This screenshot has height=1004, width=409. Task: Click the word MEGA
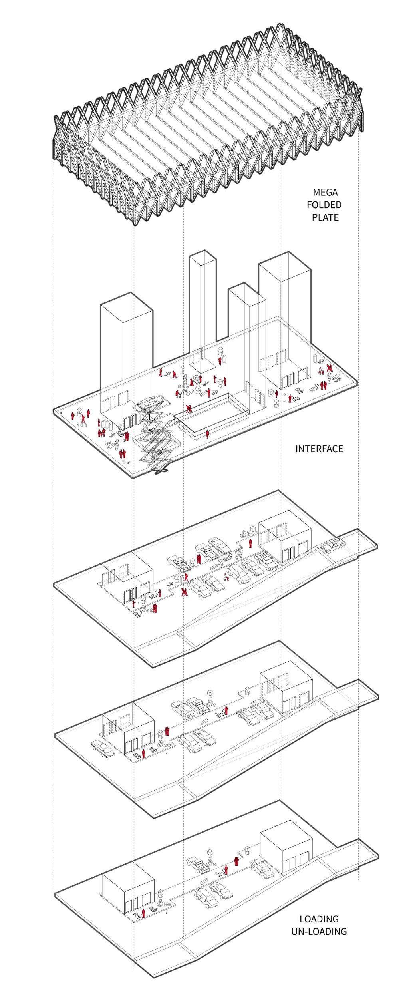click(x=325, y=192)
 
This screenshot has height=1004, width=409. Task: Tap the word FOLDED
click(x=324, y=205)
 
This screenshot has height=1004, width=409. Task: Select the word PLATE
click(x=325, y=217)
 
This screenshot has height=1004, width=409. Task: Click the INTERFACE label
click(x=319, y=449)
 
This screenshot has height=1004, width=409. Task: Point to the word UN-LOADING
click(x=319, y=931)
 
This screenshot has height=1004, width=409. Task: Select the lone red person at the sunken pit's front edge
click(x=207, y=434)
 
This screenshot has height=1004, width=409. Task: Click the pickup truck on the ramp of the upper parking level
click(x=333, y=545)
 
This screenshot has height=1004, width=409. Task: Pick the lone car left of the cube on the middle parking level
click(x=103, y=748)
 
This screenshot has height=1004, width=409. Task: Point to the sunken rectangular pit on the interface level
click(x=212, y=418)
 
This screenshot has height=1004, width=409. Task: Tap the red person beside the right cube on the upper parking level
click(x=250, y=543)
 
